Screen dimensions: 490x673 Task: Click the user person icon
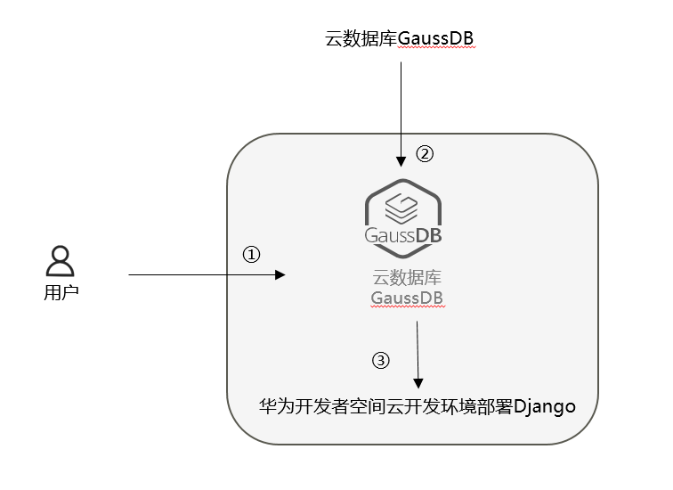pos(60,262)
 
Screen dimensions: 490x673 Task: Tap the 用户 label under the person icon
pos(61,291)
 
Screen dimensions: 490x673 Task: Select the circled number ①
pos(251,255)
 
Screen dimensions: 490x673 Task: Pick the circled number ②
pos(425,153)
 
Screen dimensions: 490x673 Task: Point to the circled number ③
pos(380,361)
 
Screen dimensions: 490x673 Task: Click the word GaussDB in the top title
pos(436,39)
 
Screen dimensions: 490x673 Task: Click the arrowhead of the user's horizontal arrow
pos(280,275)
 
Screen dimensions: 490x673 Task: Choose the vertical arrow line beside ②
pos(403,107)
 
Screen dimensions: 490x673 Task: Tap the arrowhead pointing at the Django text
pos(418,380)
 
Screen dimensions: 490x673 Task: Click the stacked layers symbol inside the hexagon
pos(403,207)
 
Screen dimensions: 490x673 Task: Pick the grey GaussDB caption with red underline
pos(407,297)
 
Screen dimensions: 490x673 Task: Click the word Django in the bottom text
pos(545,406)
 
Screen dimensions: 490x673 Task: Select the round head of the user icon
pos(60,255)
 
